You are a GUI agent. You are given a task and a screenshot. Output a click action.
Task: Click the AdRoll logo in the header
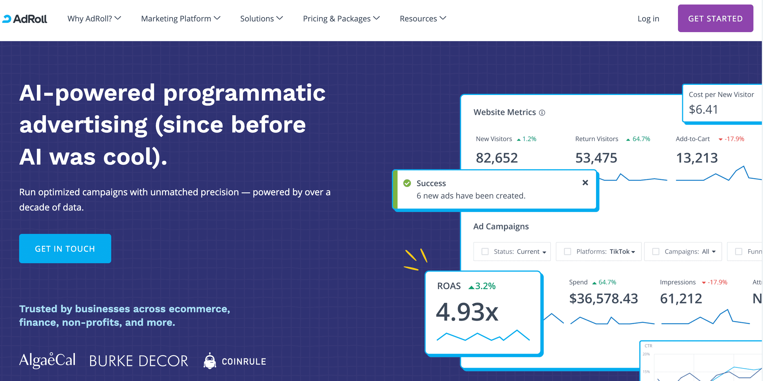click(24, 19)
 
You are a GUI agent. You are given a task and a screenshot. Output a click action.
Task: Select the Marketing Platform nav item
click(181, 19)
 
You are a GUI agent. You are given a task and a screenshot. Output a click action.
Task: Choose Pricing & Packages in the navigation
click(341, 19)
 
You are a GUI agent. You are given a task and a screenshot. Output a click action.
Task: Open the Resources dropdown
click(423, 19)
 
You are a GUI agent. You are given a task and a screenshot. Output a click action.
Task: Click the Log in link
click(648, 19)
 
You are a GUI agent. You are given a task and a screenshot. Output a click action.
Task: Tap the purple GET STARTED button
click(715, 18)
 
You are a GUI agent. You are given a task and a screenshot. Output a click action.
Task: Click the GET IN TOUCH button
click(65, 249)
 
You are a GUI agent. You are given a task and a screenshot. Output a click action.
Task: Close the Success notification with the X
click(585, 183)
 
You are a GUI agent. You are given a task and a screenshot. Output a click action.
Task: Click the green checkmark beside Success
click(407, 183)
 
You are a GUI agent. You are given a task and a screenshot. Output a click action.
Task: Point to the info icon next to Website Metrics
click(542, 113)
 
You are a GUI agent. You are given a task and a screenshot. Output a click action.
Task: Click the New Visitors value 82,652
click(497, 158)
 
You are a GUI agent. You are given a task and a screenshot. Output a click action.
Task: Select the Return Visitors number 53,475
click(596, 158)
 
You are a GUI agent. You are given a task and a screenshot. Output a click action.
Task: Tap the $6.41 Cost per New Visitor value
click(703, 109)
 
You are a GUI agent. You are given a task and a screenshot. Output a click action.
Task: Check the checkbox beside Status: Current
click(485, 252)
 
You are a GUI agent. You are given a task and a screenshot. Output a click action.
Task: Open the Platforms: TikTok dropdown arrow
click(633, 252)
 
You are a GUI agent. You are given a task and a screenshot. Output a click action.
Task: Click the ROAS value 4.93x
click(467, 312)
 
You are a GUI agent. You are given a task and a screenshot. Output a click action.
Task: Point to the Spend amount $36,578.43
click(603, 298)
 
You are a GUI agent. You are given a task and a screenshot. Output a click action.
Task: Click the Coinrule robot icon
click(210, 360)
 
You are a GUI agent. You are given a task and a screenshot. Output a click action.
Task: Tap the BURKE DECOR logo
click(139, 361)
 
